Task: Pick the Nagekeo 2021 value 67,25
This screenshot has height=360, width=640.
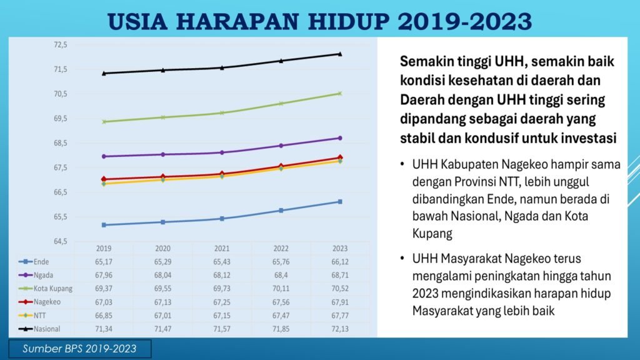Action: (x=222, y=301)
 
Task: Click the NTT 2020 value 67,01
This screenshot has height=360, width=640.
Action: (x=162, y=314)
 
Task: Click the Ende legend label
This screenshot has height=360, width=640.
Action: (x=42, y=261)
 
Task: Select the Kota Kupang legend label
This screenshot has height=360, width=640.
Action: (x=54, y=288)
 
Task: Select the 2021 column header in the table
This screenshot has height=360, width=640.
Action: (x=222, y=248)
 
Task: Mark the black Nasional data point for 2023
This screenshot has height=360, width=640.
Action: (x=340, y=54)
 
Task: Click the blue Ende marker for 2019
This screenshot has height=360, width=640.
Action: (x=104, y=225)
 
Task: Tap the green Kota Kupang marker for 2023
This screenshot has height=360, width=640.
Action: (x=340, y=93)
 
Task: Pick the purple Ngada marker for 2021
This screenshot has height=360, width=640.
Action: (x=222, y=152)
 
